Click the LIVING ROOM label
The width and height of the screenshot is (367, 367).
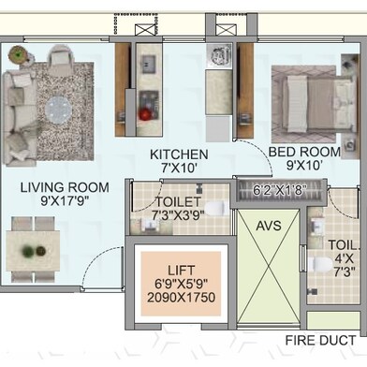tap(65, 187)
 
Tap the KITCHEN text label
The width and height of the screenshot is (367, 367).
tap(179, 154)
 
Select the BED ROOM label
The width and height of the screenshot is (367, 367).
tap(304, 152)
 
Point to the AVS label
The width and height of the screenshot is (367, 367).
tap(269, 226)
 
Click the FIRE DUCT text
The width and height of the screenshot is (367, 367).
tap(320, 340)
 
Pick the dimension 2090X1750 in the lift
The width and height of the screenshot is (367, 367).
tap(181, 298)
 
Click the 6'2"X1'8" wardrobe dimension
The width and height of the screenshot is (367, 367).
tap(279, 190)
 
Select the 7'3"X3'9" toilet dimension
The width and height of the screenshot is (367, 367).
tap(178, 215)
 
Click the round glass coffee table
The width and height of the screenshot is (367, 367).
tap(59, 110)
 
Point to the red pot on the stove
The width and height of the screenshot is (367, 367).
tap(145, 114)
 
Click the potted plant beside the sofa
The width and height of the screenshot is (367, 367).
tap(18, 54)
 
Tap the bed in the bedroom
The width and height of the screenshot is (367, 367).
tap(320, 104)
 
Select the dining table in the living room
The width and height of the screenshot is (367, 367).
tap(33, 251)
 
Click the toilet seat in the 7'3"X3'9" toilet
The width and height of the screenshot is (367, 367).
tap(214, 208)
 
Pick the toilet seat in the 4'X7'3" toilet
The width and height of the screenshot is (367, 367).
tap(320, 265)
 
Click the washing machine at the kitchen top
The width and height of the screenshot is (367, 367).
tap(221, 56)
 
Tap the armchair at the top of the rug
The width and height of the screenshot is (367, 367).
tap(61, 55)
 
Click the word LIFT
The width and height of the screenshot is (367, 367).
tap(182, 271)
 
